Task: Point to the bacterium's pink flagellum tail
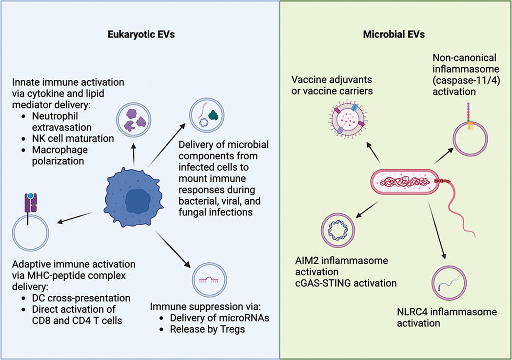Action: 463,209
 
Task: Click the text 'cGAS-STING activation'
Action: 355,282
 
